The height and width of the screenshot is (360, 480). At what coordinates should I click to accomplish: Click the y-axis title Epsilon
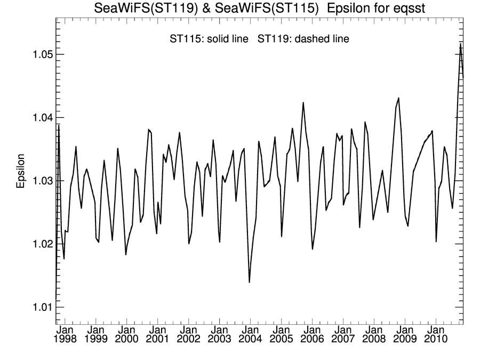point(21,172)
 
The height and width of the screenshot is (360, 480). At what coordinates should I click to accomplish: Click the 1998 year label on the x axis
point(65,339)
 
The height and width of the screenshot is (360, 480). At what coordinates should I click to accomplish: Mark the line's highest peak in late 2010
point(460,44)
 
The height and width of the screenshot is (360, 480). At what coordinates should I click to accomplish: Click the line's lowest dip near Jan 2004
point(250,282)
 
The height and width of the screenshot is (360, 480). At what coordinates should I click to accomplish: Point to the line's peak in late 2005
point(303,102)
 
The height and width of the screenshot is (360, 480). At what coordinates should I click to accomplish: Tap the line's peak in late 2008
point(398,98)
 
